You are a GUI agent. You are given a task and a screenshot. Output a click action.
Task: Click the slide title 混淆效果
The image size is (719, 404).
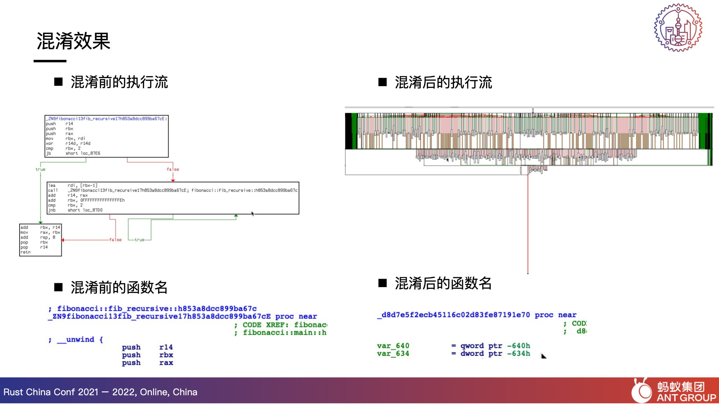click(73, 41)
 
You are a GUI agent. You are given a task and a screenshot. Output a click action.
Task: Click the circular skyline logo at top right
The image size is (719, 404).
click(678, 28)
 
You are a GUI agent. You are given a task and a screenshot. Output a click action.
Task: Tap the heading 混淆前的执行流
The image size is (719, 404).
click(119, 82)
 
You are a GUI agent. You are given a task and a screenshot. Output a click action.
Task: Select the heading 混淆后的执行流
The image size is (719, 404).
click(443, 83)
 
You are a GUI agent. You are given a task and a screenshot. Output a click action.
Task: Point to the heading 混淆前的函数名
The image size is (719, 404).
click(119, 287)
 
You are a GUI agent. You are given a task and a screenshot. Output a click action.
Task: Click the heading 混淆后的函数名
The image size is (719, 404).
click(443, 283)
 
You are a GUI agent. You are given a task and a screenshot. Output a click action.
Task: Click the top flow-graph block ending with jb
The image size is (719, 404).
click(106, 136)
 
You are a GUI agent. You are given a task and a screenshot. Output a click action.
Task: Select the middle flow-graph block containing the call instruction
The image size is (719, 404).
click(173, 198)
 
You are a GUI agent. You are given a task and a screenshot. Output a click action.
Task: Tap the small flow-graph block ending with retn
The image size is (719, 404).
click(40, 240)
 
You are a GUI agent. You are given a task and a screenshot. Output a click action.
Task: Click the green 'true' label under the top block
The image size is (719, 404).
click(40, 169)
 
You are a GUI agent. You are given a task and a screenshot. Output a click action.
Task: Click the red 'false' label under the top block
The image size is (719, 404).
click(173, 169)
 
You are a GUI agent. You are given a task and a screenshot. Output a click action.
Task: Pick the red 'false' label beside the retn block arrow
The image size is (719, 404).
click(115, 240)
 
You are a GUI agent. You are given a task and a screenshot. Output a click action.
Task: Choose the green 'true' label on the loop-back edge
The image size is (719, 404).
click(140, 240)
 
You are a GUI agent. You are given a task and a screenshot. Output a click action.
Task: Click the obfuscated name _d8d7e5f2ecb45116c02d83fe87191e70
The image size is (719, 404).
click(453, 315)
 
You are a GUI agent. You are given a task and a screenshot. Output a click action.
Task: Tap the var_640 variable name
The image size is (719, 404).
click(393, 346)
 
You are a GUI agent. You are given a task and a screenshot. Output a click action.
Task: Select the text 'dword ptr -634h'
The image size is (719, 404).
click(495, 354)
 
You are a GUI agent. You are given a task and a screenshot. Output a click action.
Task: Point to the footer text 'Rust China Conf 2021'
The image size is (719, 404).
click(51, 392)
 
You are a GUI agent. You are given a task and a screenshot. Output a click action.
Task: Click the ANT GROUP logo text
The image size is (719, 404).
click(686, 398)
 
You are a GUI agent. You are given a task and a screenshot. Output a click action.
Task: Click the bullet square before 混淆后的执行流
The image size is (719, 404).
click(383, 82)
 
